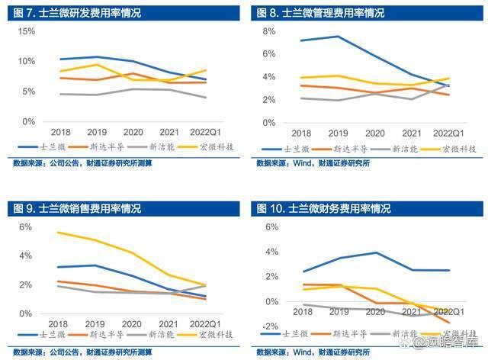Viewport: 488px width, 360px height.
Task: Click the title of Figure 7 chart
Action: [69, 13]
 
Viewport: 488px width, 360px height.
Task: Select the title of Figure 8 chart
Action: [319, 13]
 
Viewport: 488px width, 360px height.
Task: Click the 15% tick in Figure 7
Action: [26, 31]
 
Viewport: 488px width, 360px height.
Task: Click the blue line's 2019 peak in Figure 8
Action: [338, 37]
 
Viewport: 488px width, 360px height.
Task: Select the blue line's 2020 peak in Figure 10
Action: [375, 252]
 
